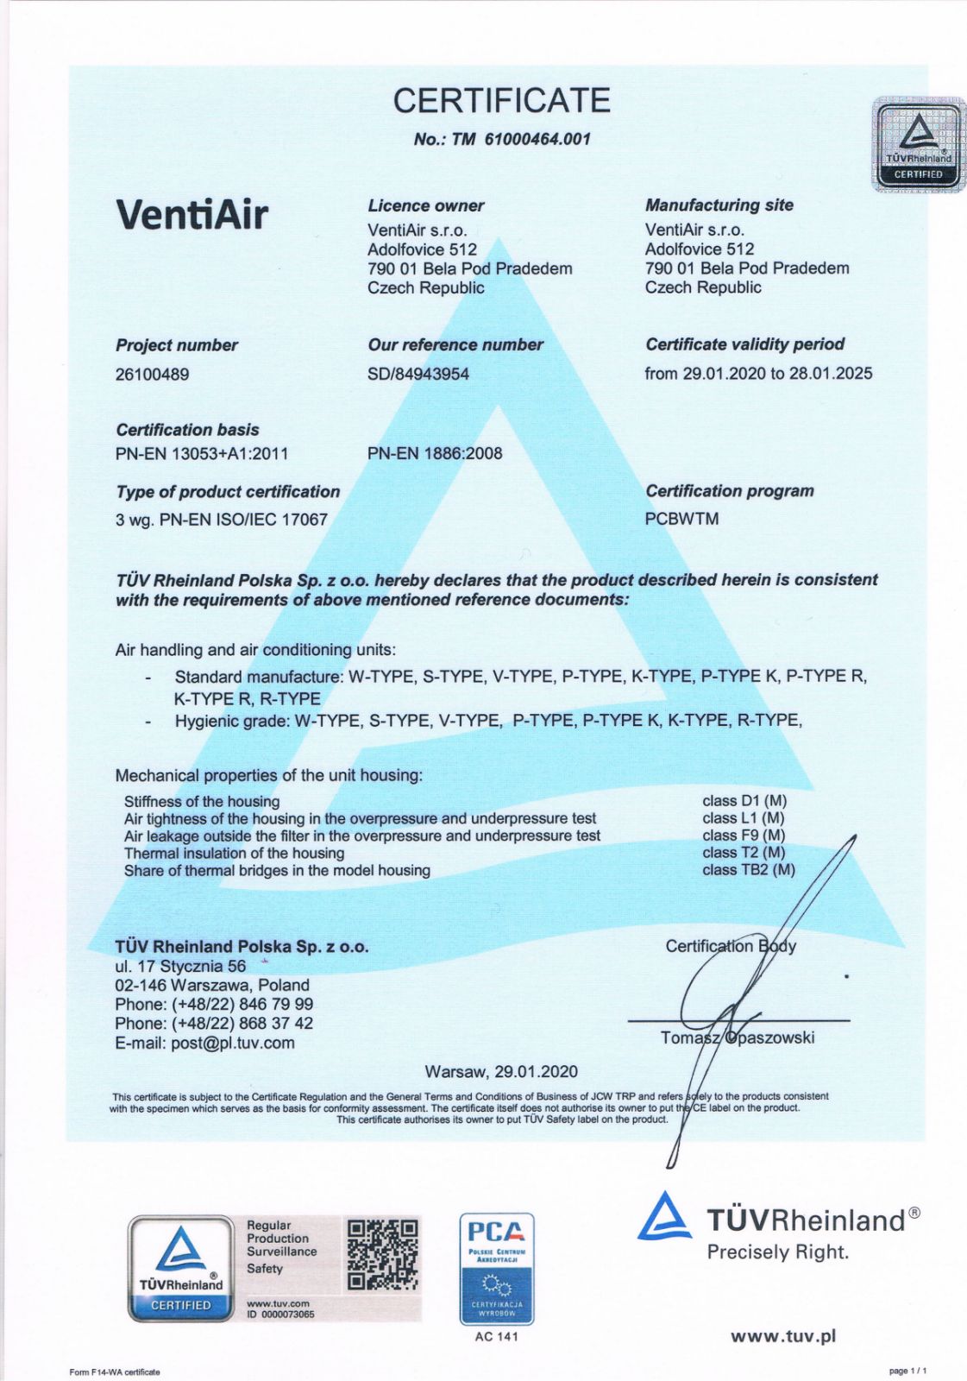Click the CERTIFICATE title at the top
(x=501, y=101)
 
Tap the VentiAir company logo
(x=192, y=213)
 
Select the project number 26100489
(x=152, y=375)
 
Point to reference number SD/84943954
(x=418, y=374)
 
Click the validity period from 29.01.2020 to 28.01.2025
(x=758, y=373)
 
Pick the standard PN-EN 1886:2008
(x=435, y=453)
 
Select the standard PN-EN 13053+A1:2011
(x=202, y=454)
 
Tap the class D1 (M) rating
(x=744, y=801)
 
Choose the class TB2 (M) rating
(x=748, y=870)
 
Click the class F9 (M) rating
(x=744, y=836)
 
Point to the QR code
(x=382, y=1254)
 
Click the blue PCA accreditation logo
(x=496, y=1268)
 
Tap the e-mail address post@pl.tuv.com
(x=204, y=1043)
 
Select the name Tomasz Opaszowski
(x=737, y=1037)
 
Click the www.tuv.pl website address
(x=782, y=1336)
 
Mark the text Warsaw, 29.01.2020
(x=501, y=1071)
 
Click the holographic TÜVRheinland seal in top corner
(x=918, y=143)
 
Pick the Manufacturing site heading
(x=719, y=205)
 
